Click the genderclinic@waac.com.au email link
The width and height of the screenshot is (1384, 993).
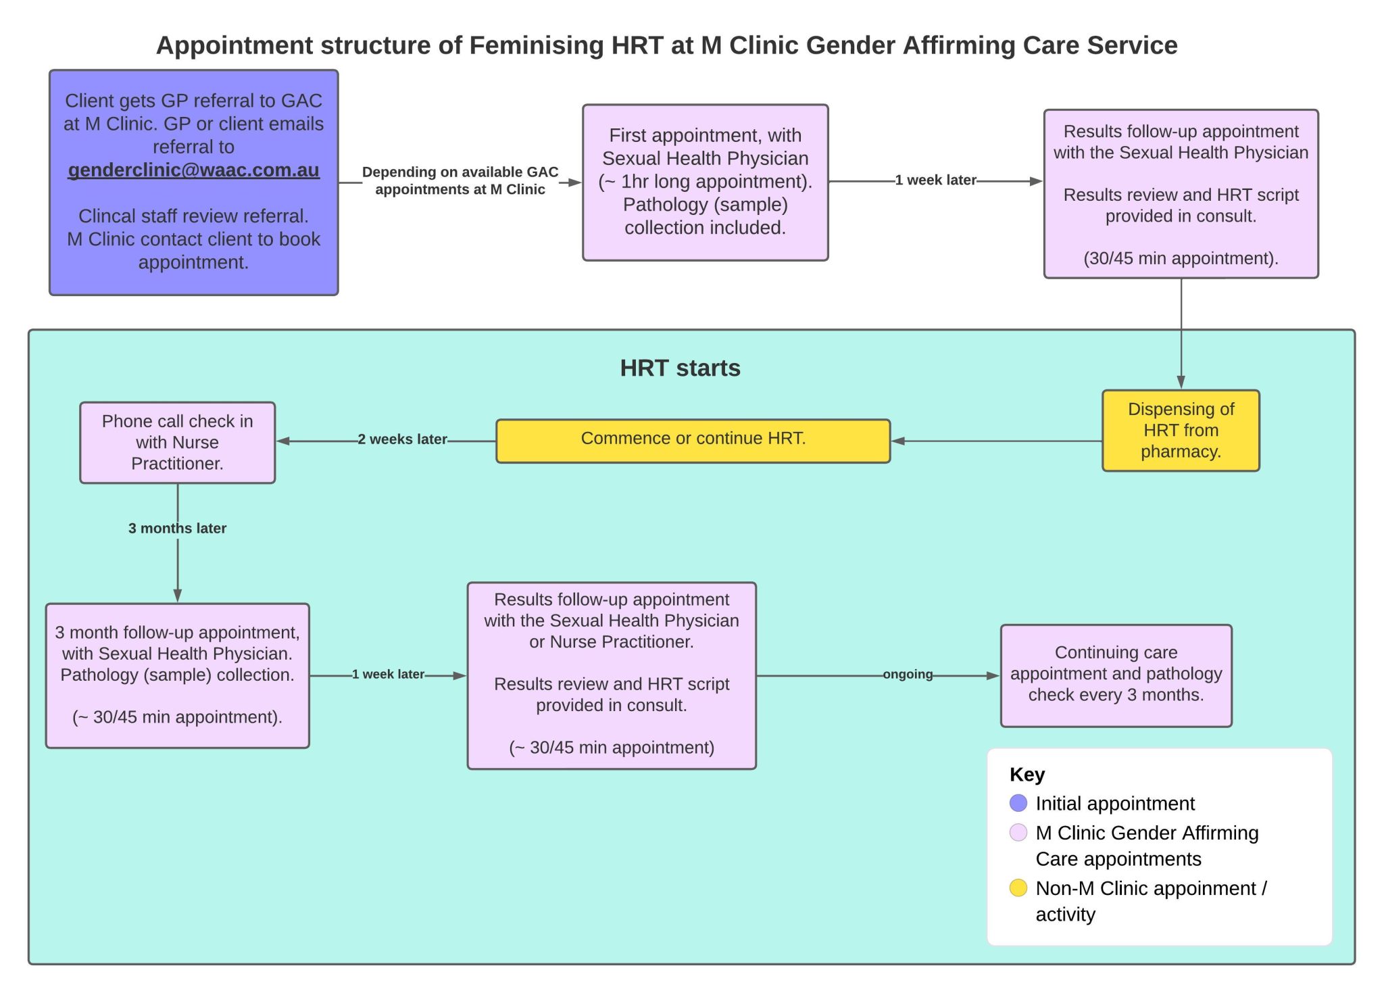click(x=193, y=170)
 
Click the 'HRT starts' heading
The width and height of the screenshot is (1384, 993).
click(x=680, y=368)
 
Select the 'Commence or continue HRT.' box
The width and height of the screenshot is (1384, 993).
click(x=693, y=439)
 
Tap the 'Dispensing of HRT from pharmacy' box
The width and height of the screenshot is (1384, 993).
click(x=1181, y=431)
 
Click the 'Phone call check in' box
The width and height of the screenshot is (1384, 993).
click(x=177, y=442)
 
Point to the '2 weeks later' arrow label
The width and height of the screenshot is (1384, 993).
click(x=402, y=439)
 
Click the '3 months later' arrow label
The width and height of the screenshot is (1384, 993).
click(x=177, y=528)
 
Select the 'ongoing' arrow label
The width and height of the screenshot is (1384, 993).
click(x=907, y=674)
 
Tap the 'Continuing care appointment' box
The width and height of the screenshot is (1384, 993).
click(x=1116, y=674)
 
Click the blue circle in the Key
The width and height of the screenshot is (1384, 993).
click(x=1018, y=803)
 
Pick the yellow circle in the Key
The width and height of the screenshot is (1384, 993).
click(x=1018, y=888)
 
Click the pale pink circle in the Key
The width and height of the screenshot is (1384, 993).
click(x=1018, y=832)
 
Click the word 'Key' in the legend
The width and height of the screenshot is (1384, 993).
click(x=1027, y=774)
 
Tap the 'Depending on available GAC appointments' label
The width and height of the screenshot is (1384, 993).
click(x=460, y=180)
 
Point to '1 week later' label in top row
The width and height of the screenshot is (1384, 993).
click(x=935, y=180)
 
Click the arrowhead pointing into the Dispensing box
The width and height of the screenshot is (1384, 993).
click(x=1181, y=382)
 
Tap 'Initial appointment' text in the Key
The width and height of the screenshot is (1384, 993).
click(x=1114, y=803)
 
